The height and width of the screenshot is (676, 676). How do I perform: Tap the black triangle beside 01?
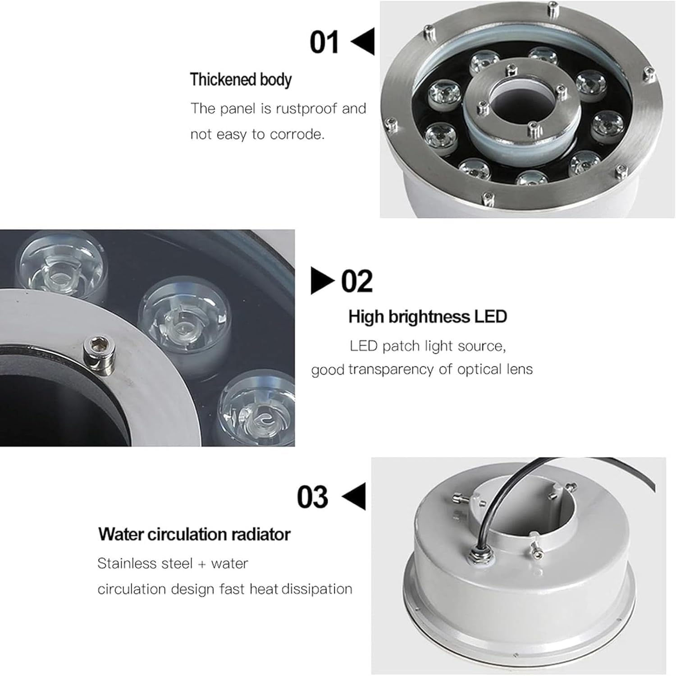coord(363,41)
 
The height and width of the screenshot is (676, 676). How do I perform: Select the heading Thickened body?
coord(241,80)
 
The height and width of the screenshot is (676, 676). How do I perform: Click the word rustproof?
coord(305,109)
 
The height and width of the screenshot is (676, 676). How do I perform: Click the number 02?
coord(357,281)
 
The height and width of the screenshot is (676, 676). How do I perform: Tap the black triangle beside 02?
coord(323,280)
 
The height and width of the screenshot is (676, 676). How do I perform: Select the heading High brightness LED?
coord(428,317)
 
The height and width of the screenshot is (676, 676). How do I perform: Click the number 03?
coord(312,497)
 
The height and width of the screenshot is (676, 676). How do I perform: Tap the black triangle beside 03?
coord(354,496)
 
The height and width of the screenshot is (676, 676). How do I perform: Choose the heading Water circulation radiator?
coord(194,534)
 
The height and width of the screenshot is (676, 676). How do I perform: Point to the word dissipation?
coord(320,589)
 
